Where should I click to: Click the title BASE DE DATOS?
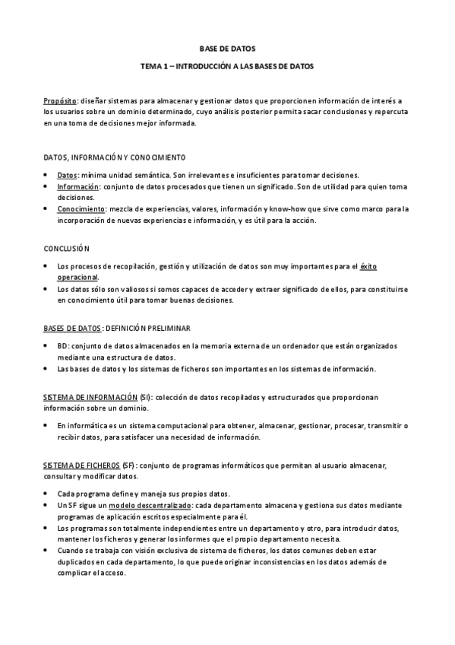(x=227, y=46)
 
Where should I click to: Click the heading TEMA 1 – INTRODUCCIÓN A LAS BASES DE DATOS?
(x=227, y=66)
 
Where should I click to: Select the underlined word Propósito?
(x=60, y=100)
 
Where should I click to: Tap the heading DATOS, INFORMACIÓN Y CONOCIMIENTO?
(x=115, y=158)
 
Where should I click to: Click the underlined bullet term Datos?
(x=67, y=175)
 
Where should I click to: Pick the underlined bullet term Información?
(x=78, y=186)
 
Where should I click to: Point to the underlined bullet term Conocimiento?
(x=82, y=208)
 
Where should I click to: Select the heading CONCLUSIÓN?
(x=67, y=249)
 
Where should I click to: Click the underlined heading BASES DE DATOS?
(x=71, y=328)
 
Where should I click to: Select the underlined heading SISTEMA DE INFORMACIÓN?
(x=90, y=397)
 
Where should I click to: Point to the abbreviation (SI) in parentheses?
(x=144, y=397)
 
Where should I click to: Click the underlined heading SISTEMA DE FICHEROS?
(x=82, y=464)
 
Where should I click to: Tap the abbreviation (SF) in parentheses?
(x=128, y=464)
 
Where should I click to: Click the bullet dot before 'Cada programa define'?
(x=47, y=494)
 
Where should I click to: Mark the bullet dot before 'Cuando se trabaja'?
(x=47, y=549)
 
